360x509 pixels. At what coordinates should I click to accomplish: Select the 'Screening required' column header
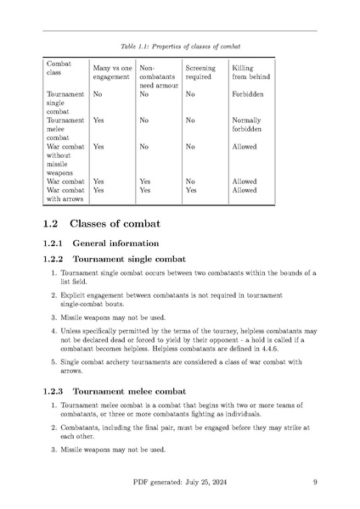click(x=200, y=72)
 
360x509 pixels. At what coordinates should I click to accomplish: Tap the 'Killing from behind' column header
click(x=249, y=72)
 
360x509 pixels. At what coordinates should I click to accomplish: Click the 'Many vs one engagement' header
click(x=112, y=72)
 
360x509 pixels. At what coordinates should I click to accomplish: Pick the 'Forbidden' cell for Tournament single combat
click(x=248, y=95)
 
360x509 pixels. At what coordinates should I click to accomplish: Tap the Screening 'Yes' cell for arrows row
click(x=191, y=191)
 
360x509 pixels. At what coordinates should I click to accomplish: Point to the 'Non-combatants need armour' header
click(x=157, y=75)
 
